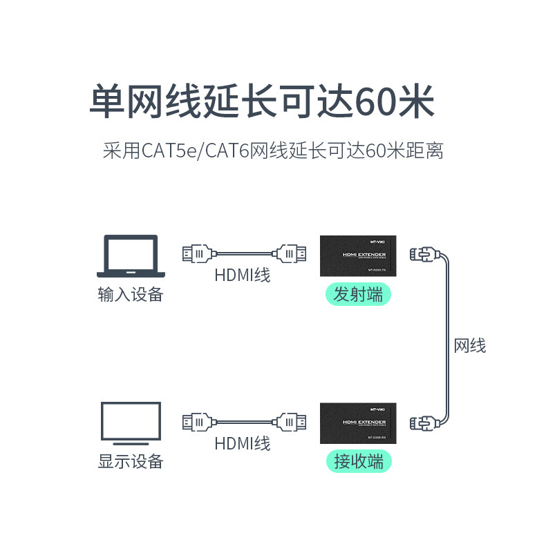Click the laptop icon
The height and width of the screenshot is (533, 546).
pos(131,256)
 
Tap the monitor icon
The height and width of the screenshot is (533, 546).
pos(131,422)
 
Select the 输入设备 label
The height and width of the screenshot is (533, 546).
pos(131,295)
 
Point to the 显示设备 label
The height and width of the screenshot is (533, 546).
pos(131,461)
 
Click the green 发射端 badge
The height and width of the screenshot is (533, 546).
pos(358,295)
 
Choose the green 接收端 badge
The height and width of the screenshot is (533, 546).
pos(358,461)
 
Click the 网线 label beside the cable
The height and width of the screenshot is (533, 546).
pos(470,345)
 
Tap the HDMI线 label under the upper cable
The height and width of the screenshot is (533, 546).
pos(242,275)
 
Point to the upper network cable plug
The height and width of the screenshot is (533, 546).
pos(422,255)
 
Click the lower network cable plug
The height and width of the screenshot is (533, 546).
pos(422,422)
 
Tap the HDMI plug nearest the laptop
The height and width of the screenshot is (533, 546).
pos(197,254)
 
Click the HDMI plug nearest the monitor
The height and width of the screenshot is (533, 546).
pos(197,421)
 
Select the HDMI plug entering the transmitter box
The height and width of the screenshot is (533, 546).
pos(291,254)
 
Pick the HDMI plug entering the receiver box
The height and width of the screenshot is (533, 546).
pos(291,421)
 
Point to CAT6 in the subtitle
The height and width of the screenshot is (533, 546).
pos(226,150)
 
